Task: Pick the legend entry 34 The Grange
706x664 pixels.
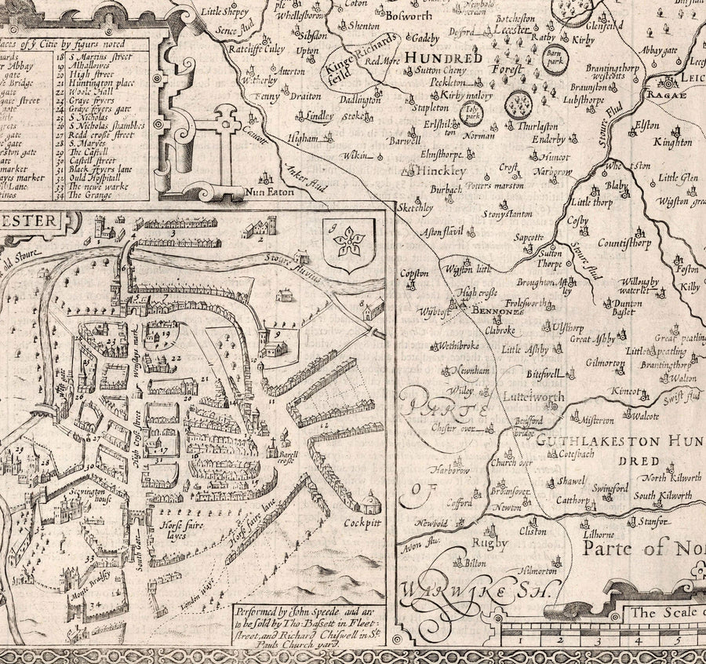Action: (x=95, y=195)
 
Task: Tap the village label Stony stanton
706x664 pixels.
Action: (x=508, y=213)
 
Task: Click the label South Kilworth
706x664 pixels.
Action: (x=663, y=495)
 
